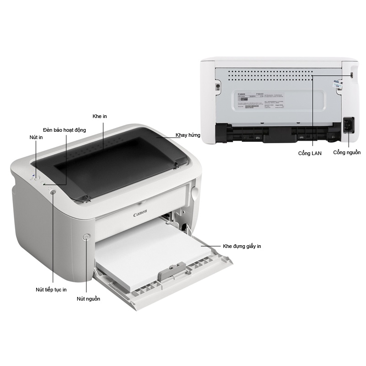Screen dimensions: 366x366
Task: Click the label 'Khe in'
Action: point(100,116)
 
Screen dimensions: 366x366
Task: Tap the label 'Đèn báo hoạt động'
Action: point(64,130)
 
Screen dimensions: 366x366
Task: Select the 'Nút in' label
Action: point(34,137)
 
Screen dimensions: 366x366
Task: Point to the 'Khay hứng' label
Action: point(188,135)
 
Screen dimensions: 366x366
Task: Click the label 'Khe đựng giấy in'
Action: point(242,246)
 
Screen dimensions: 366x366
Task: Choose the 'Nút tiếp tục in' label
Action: point(51,289)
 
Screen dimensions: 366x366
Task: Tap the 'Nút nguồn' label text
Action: point(88,299)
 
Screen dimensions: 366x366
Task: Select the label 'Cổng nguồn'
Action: point(347,152)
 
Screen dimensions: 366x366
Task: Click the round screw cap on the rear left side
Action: point(217,86)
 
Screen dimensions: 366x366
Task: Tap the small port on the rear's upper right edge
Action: point(352,75)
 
